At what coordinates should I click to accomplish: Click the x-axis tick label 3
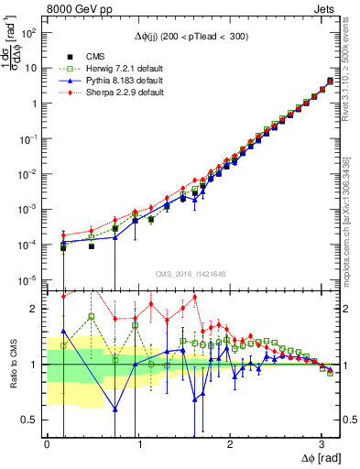pos(322,442)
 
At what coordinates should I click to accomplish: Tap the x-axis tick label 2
pos(230,442)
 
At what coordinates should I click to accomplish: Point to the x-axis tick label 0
pos(47,442)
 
